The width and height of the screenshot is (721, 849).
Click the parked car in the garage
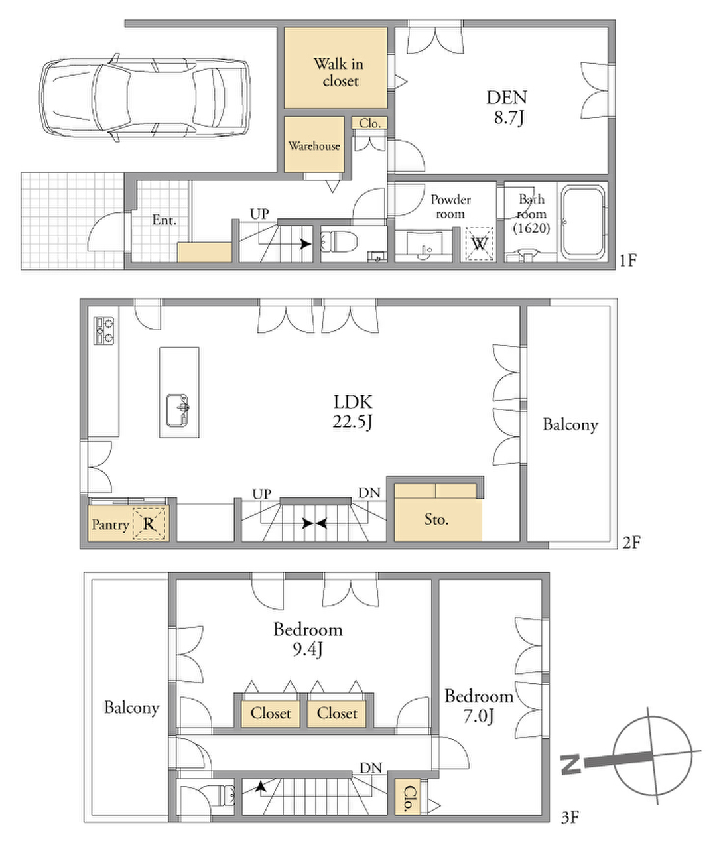tap(145, 97)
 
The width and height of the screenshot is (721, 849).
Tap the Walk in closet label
tap(339, 72)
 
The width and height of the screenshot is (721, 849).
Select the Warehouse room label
tap(314, 146)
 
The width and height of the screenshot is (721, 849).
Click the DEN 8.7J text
tap(507, 107)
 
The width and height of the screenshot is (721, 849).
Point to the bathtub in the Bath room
tap(584, 222)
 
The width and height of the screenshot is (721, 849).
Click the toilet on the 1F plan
tap(338, 241)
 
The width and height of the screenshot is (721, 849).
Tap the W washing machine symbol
tap(479, 244)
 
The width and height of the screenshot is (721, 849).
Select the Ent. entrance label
tap(164, 220)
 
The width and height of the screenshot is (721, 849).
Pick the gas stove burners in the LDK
tap(103, 331)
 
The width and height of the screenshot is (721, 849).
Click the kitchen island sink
tap(177, 411)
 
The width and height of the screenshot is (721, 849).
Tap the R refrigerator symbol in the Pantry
tap(149, 524)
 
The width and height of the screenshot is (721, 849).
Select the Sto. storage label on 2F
tap(436, 519)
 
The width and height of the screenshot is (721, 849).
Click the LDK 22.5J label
tap(352, 412)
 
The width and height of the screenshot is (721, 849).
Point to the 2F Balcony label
tap(570, 424)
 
